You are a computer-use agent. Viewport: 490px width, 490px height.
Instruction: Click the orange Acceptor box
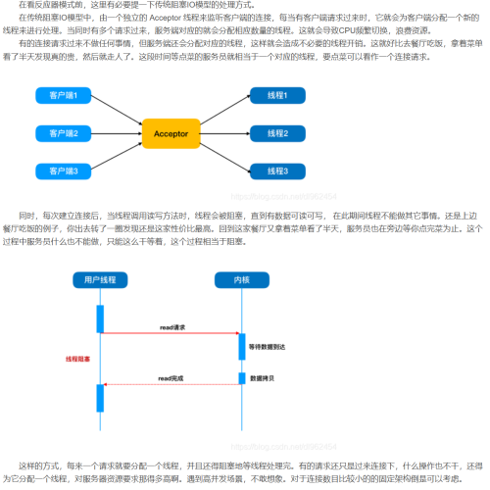(172, 132)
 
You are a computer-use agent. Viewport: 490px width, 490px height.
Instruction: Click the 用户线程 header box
(100, 280)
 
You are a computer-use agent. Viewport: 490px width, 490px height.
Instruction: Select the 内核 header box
(241, 280)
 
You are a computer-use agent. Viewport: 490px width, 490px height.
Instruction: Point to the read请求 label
(172, 326)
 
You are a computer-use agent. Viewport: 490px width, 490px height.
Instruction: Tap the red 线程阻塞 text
(77, 359)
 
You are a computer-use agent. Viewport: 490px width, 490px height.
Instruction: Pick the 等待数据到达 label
(268, 347)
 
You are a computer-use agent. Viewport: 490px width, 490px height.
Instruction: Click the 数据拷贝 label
(262, 378)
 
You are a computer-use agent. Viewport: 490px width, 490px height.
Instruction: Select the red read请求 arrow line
(171, 334)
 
